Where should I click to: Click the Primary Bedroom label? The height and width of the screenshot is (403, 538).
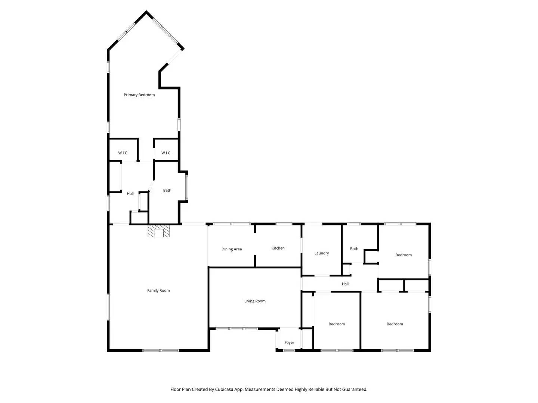[x=139, y=95]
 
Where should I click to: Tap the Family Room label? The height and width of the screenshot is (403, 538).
[x=158, y=290]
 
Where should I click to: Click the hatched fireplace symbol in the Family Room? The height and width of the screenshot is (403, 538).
[x=159, y=231]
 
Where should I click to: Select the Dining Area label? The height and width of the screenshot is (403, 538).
[x=232, y=249]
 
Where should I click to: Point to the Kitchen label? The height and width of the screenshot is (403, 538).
[x=278, y=248]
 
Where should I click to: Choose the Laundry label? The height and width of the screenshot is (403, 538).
[x=321, y=253]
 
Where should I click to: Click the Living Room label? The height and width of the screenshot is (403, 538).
[x=255, y=301]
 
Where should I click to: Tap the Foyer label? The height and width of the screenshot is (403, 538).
[x=289, y=343]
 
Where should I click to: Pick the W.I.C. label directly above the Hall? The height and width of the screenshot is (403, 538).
[x=123, y=153]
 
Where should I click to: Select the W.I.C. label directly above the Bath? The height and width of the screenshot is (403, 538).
[x=166, y=153]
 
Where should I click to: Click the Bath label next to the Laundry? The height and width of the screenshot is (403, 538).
[x=354, y=249]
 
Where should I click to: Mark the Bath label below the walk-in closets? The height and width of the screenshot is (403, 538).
[x=167, y=190]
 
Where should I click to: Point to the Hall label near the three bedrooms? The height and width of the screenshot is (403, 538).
[x=345, y=284]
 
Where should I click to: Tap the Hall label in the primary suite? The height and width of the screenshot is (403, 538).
[x=130, y=194]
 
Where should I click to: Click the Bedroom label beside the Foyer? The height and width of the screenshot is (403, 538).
[x=337, y=324]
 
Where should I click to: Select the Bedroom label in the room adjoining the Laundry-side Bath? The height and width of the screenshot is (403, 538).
[x=403, y=255]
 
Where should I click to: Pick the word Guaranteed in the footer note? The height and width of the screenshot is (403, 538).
[x=354, y=389]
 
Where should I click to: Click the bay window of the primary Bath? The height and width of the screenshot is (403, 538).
[x=187, y=187]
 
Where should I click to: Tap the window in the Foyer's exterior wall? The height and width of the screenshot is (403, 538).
[x=289, y=350]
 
